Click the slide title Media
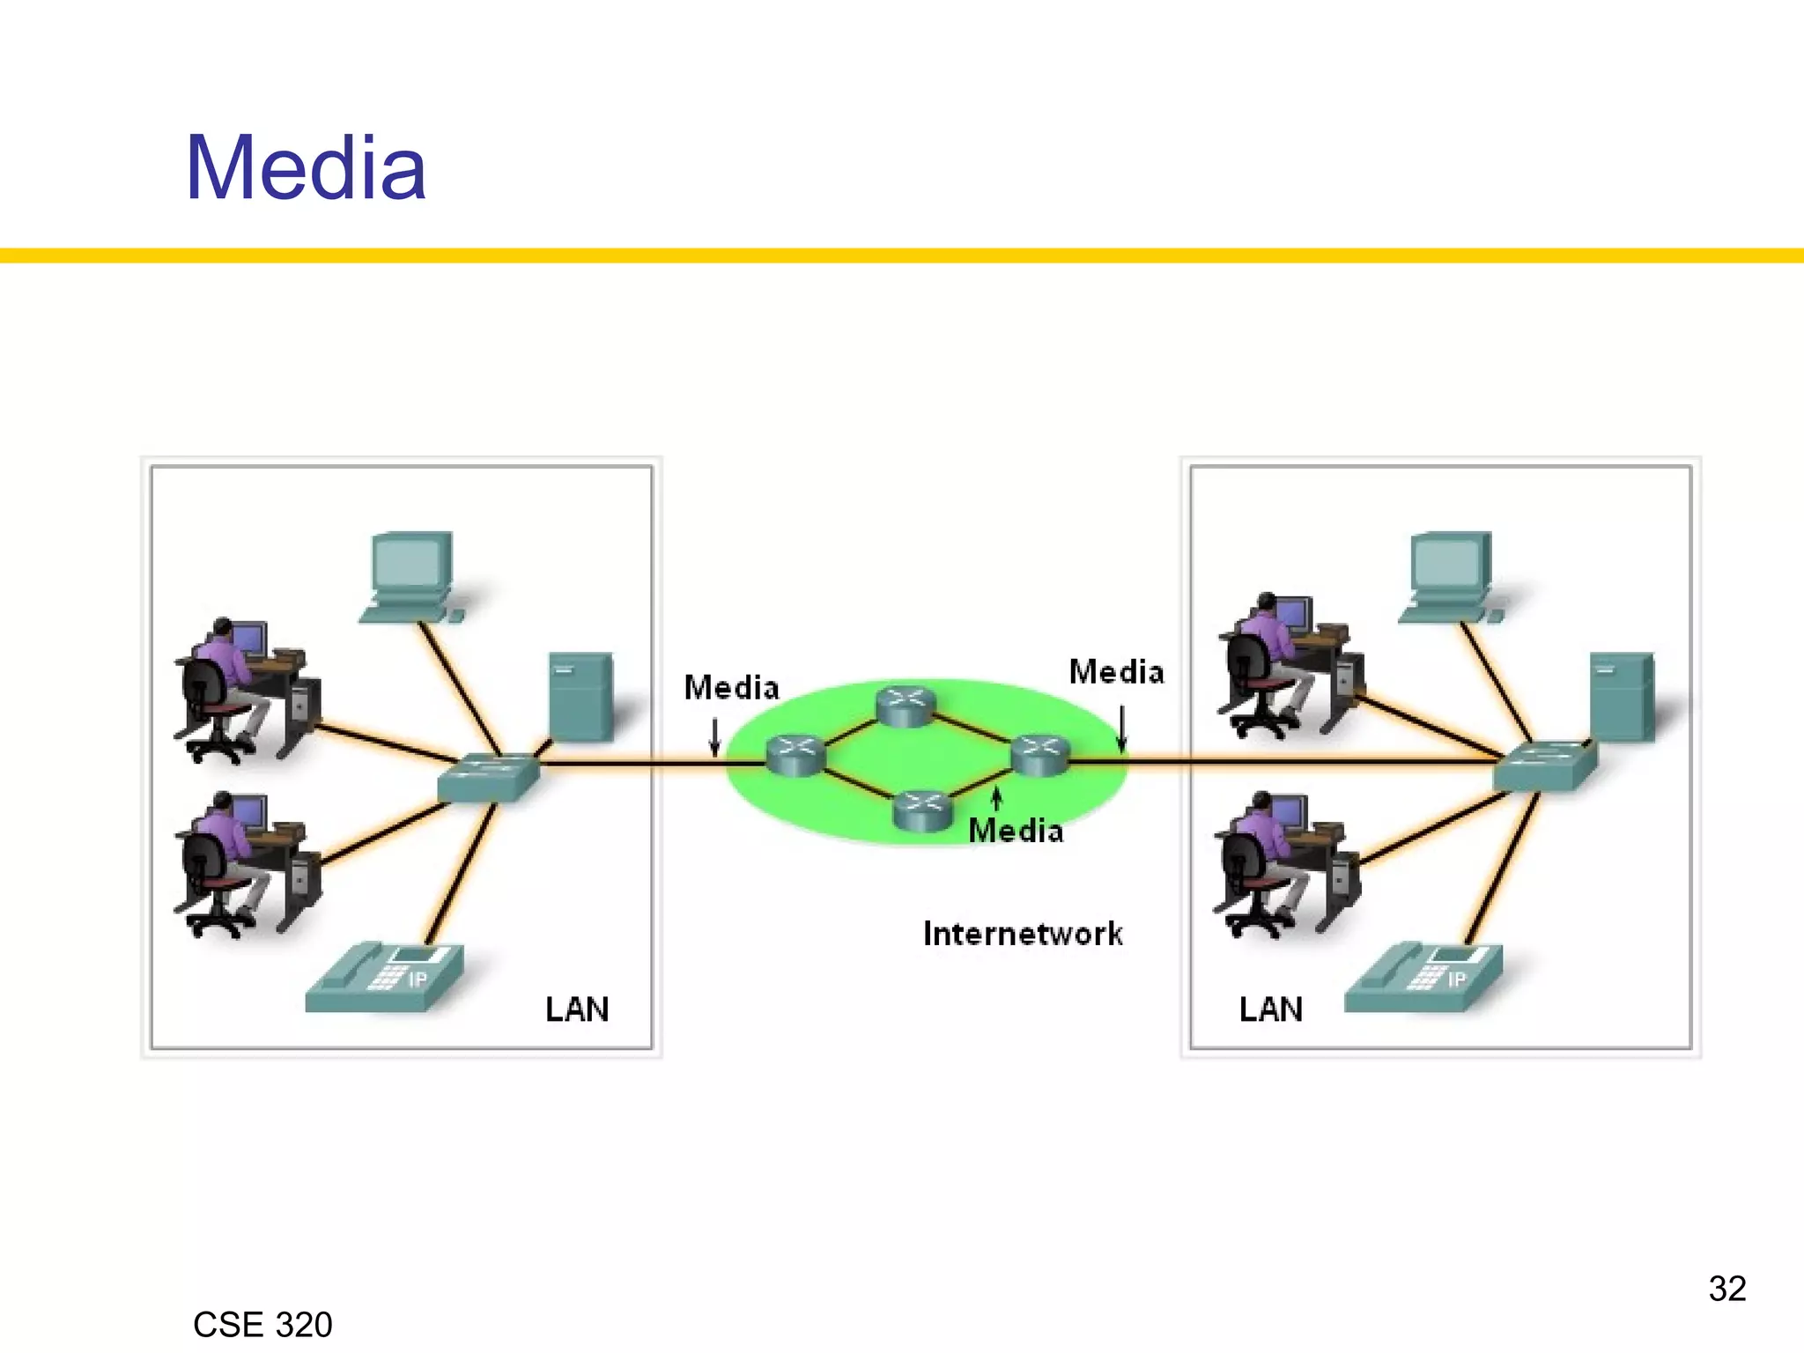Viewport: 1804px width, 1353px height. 306,168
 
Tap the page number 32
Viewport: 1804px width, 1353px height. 1726,1289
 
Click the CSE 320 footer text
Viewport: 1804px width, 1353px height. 262,1325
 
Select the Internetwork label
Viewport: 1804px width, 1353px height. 1023,934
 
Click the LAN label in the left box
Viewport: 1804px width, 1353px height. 577,1009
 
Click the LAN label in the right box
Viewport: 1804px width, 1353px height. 1270,1009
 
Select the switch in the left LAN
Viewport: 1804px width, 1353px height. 489,777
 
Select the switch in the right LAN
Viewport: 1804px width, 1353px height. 1546,765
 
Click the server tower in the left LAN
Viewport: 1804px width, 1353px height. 580,696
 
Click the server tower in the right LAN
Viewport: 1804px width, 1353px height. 1622,696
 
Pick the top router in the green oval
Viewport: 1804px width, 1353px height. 906,707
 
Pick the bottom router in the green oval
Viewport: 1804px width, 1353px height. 922,810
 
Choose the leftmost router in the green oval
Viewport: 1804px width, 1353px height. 795,756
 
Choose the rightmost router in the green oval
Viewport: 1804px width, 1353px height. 1040,756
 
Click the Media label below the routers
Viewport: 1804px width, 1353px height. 1016,831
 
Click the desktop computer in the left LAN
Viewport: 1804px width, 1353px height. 411,575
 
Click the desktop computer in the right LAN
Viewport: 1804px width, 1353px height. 1450,575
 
